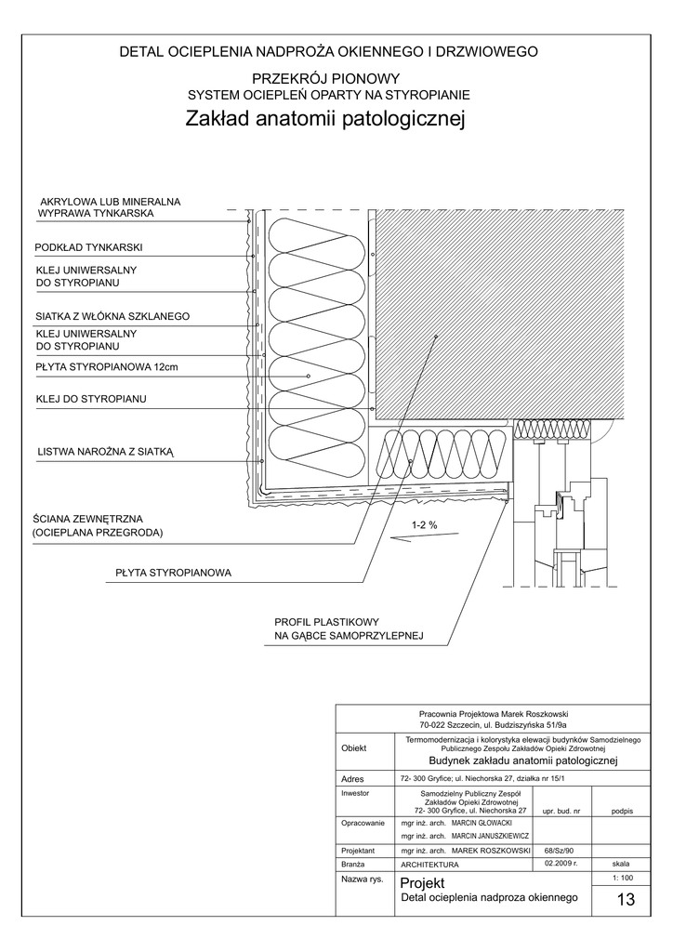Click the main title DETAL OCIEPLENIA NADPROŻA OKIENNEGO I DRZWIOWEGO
329,52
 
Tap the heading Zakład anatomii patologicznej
324,120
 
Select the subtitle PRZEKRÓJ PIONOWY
325,80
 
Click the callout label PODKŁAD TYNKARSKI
87,248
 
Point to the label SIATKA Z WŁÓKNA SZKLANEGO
112,317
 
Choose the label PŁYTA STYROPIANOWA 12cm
106,367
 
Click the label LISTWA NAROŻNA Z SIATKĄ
106,452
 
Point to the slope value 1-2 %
424,525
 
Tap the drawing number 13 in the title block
625,900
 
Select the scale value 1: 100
622,878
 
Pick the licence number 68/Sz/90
560,850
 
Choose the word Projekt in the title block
422,882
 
